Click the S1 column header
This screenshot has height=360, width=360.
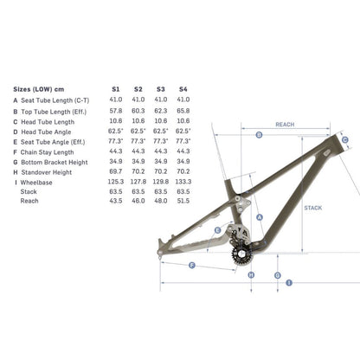click(116, 88)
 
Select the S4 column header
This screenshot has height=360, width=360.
click(183, 88)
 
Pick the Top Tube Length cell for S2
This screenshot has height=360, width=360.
click(138, 111)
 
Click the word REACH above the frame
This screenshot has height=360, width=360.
click(286, 125)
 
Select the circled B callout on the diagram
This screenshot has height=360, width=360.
click(259, 135)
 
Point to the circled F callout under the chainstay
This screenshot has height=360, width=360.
click(190, 265)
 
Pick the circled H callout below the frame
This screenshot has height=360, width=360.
click(250, 274)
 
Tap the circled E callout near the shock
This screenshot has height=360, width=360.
click(218, 229)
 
